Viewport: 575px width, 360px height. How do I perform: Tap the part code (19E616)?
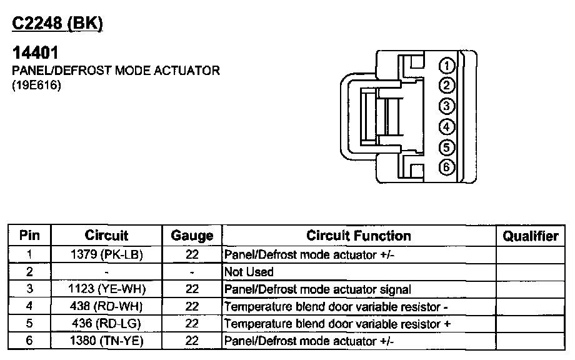click(36, 87)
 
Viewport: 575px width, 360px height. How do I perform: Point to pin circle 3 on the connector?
click(446, 106)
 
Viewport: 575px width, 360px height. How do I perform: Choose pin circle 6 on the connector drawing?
click(446, 167)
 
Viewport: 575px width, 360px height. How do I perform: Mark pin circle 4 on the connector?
click(446, 127)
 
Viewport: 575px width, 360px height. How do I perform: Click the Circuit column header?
click(106, 236)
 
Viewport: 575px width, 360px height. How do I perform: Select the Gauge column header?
click(192, 236)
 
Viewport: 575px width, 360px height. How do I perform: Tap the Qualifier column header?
click(530, 236)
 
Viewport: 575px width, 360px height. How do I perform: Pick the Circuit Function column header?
click(358, 236)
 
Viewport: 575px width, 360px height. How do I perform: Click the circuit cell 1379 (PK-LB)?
click(107, 255)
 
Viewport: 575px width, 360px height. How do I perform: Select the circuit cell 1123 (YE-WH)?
click(107, 289)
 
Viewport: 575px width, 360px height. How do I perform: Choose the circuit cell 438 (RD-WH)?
click(107, 307)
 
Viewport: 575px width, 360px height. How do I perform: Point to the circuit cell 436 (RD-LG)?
click(107, 324)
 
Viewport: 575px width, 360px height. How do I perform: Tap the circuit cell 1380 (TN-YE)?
click(107, 341)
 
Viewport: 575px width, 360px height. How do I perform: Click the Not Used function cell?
click(249, 272)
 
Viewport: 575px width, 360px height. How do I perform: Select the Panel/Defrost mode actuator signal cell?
click(317, 289)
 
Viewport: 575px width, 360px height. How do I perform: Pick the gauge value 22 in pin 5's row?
click(192, 324)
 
